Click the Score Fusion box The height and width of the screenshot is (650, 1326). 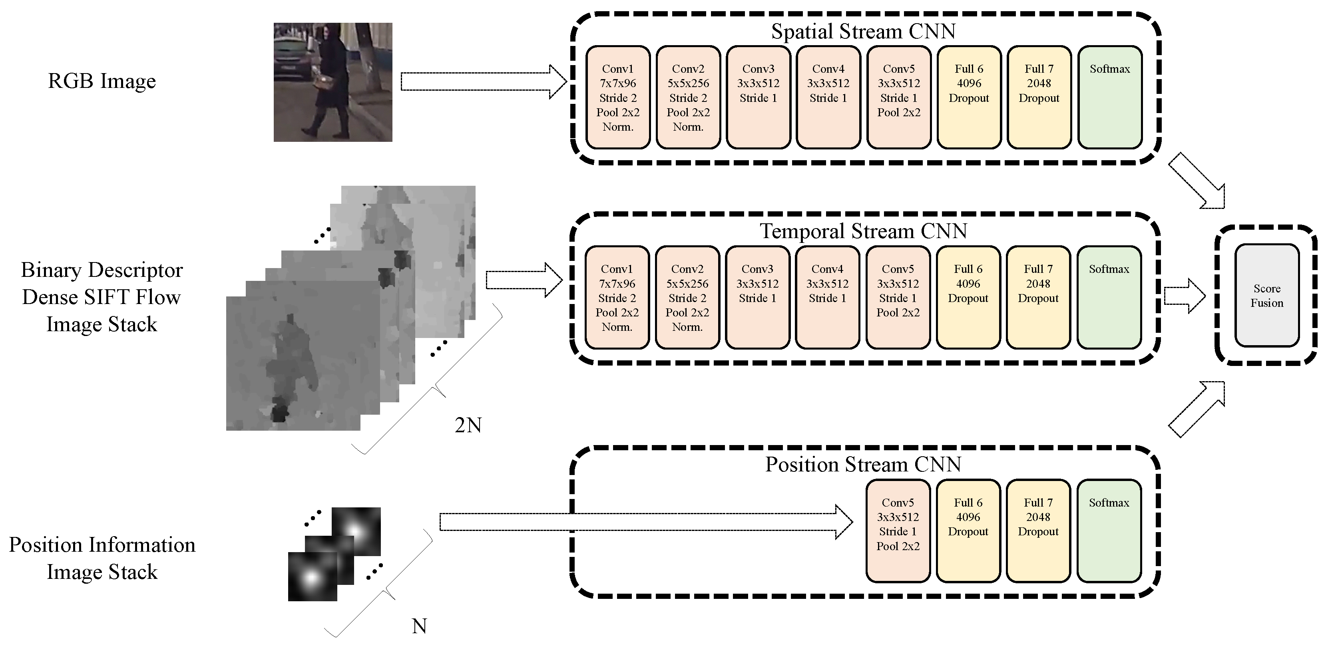tap(1266, 295)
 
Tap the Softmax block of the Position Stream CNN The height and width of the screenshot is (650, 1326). tap(1109, 531)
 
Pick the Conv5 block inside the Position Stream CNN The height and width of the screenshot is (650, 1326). tap(898, 531)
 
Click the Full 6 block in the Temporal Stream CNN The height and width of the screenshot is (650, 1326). tap(968, 298)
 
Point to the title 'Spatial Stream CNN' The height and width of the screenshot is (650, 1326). tap(863, 32)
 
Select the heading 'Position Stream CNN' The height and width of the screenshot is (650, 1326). tap(863, 464)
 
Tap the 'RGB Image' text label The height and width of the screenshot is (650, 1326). tap(102, 81)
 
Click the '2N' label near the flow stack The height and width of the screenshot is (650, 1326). tap(468, 425)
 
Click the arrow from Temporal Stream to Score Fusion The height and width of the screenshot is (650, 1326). tap(1184, 296)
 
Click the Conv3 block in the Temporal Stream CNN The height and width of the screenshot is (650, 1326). tap(757, 298)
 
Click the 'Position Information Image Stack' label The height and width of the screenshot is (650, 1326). tap(102, 559)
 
